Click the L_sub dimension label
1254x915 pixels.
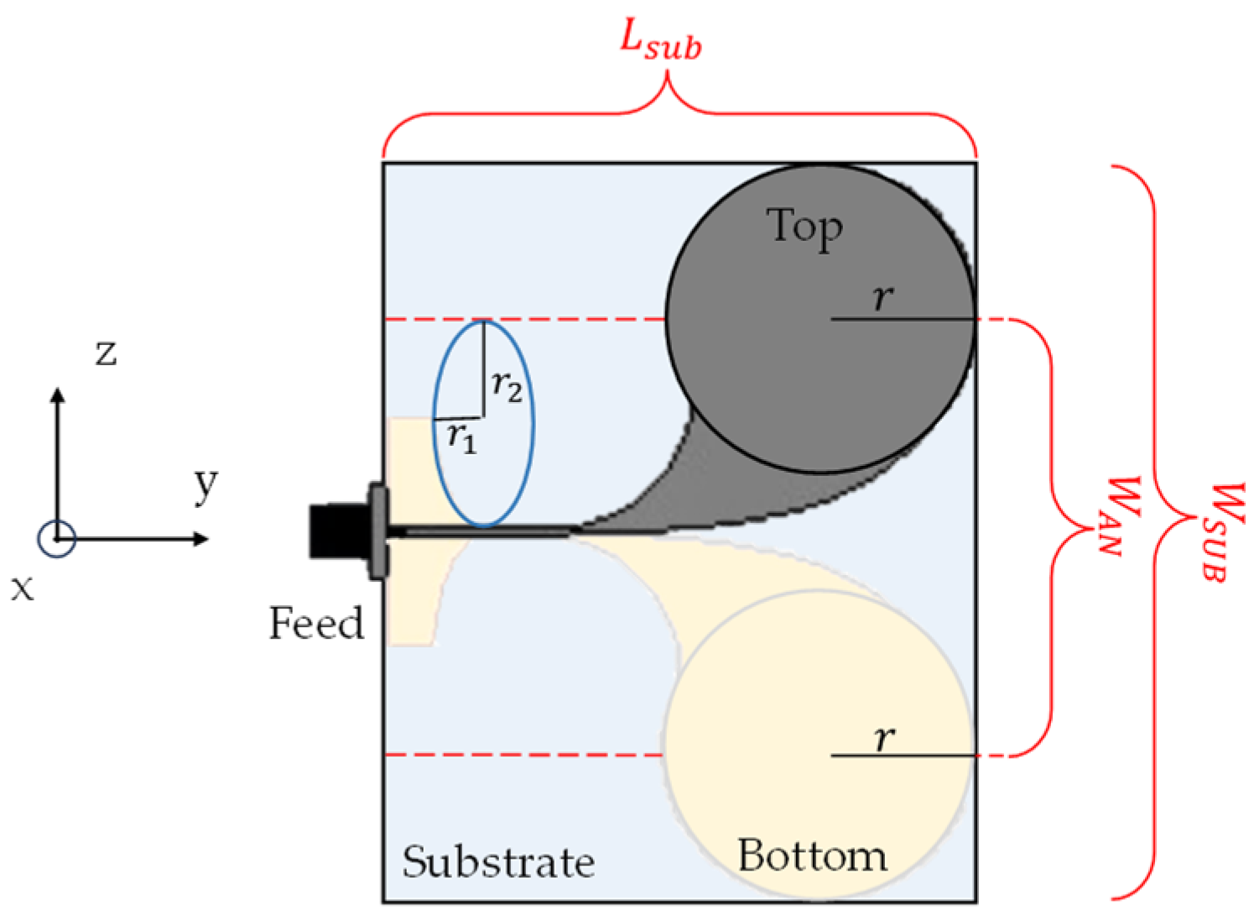[x=660, y=39]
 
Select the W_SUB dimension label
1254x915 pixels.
[x=1224, y=531]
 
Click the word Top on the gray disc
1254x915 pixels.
[x=804, y=227]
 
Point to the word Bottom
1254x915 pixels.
[x=812, y=856]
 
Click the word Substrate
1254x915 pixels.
[x=498, y=862]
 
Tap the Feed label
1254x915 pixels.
[x=316, y=624]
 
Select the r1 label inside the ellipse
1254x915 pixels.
[x=461, y=436]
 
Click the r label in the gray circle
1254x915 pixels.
[x=882, y=297]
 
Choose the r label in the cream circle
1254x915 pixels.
[x=883, y=738]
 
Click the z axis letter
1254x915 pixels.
[x=106, y=353]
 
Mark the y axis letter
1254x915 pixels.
[x=206, y=484]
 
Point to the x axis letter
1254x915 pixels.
[x=23, y=588]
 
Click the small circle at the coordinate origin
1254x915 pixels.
[x=57, y=539]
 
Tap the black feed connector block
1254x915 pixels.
[x=336, y=531]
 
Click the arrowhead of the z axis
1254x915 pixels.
[x=57, y=395]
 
